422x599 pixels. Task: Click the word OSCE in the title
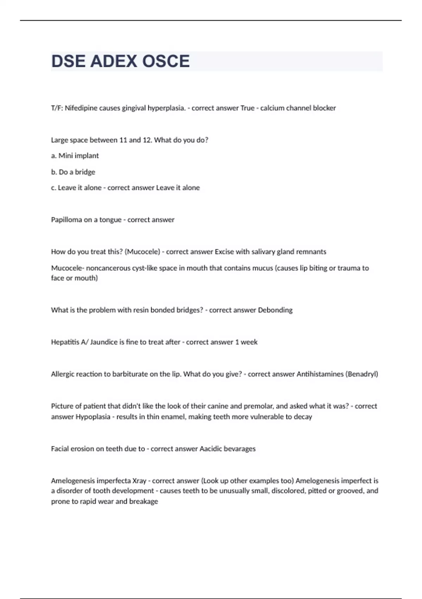pyautogui.click(x=166, y=61)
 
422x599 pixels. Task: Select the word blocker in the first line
pyautogui.click(x=324, y=108)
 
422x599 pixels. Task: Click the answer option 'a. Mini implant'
pyautogui.click(x=75, y=156)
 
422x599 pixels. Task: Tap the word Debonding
pyautogui.click(x=275, y=310)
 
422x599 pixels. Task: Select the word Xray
pyautogui.click(x=139, y=481)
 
